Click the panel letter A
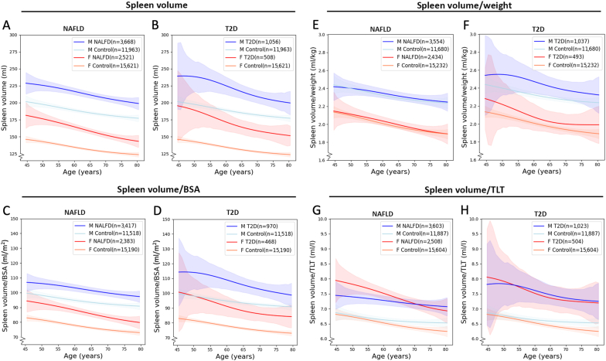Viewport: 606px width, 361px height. [7, 26]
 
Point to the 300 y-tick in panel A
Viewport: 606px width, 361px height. [14, 36]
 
